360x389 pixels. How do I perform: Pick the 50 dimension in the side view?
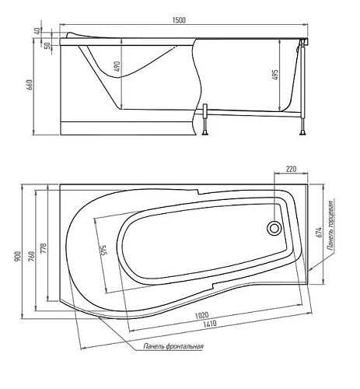pos(47,44)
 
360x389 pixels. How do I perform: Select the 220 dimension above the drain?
pos(291,168)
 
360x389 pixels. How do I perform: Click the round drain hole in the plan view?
pos(274,229)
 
